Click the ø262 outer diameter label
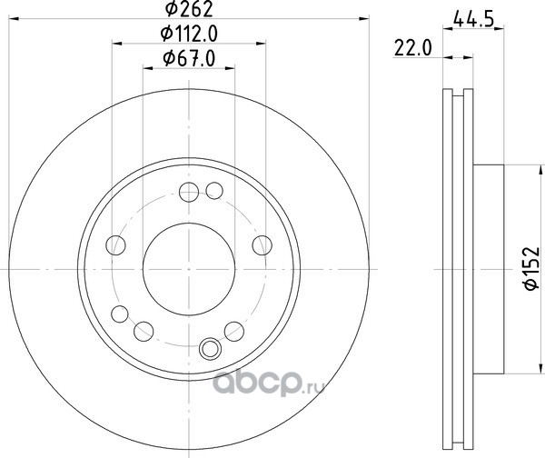coord(189,9)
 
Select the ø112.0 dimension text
coord(189,34)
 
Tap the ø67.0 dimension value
coord(189,58)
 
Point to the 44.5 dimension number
coord(473,20)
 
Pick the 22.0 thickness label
coord(413,48)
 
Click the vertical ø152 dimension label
coord(531,268)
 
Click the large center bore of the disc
coord(189,269)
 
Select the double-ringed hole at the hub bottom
coord(211,349)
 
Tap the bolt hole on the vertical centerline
coord(189,192)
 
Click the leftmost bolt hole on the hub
coord(115,245)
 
